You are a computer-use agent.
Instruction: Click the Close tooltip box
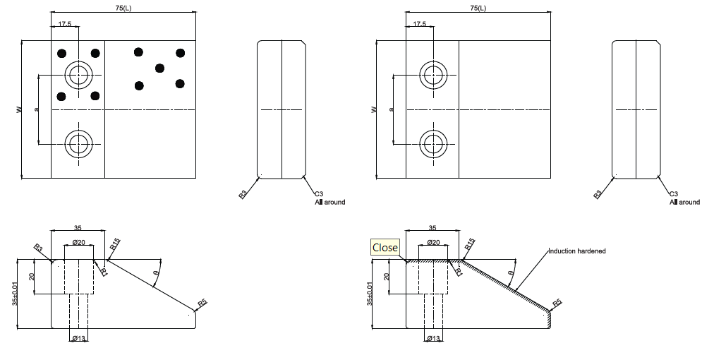tap(385, 248)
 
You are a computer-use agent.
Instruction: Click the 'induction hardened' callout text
tap(577, 251)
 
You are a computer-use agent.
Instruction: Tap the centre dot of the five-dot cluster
tap(159, 68)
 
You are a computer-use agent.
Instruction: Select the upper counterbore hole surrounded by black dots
tap(78, 73)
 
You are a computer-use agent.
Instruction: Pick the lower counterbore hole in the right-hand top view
tap(433, 144)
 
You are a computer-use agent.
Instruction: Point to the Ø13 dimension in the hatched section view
tap(433, 339)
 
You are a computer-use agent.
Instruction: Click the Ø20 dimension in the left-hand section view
tap(79, 242)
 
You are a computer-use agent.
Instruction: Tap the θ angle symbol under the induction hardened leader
tap(511, 272)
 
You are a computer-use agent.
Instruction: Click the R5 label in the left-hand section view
tap(202, 303)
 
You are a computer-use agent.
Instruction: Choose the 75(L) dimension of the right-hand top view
tap(478, 8)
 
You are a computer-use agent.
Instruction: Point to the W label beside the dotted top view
tap(19, 109)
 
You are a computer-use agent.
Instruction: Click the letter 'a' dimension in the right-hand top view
tap(390, 109)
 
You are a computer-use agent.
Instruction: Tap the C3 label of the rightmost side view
tap(673, 193)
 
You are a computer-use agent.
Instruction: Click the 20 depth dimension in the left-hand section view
tap(31, 277)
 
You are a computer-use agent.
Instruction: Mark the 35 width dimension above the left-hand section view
tap(77, 228)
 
